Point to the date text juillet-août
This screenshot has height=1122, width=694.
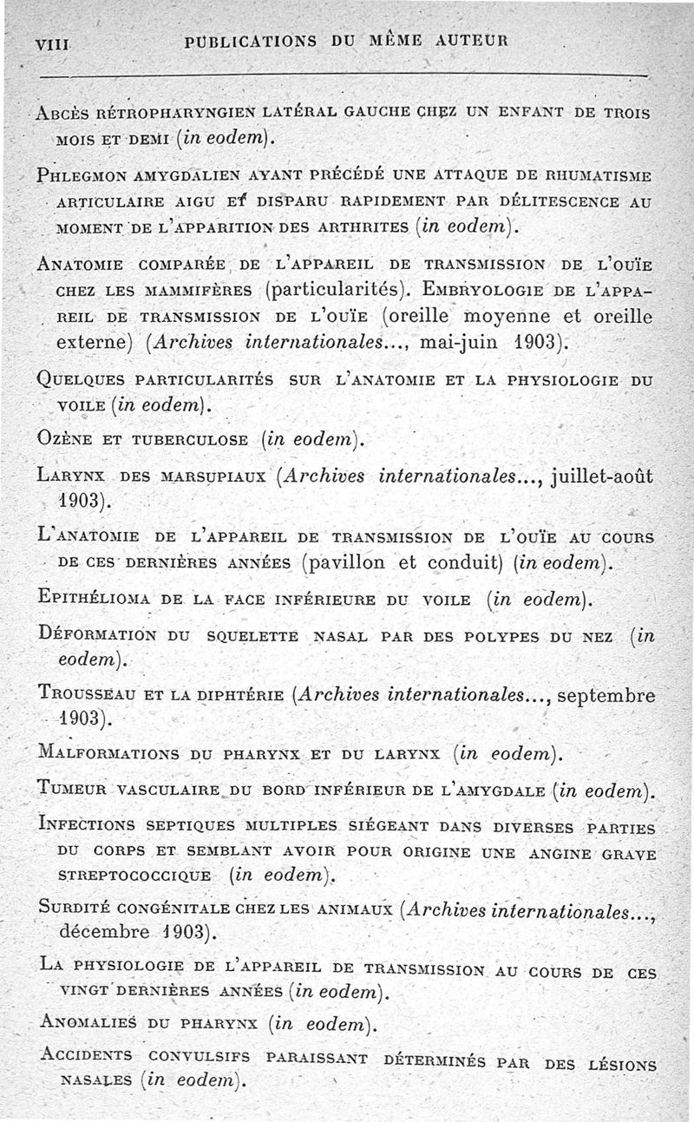(597, 475)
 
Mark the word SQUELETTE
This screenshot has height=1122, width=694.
(252, 636)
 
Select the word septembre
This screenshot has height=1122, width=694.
(604, 695)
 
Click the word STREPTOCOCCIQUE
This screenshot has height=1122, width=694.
(134, 875)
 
